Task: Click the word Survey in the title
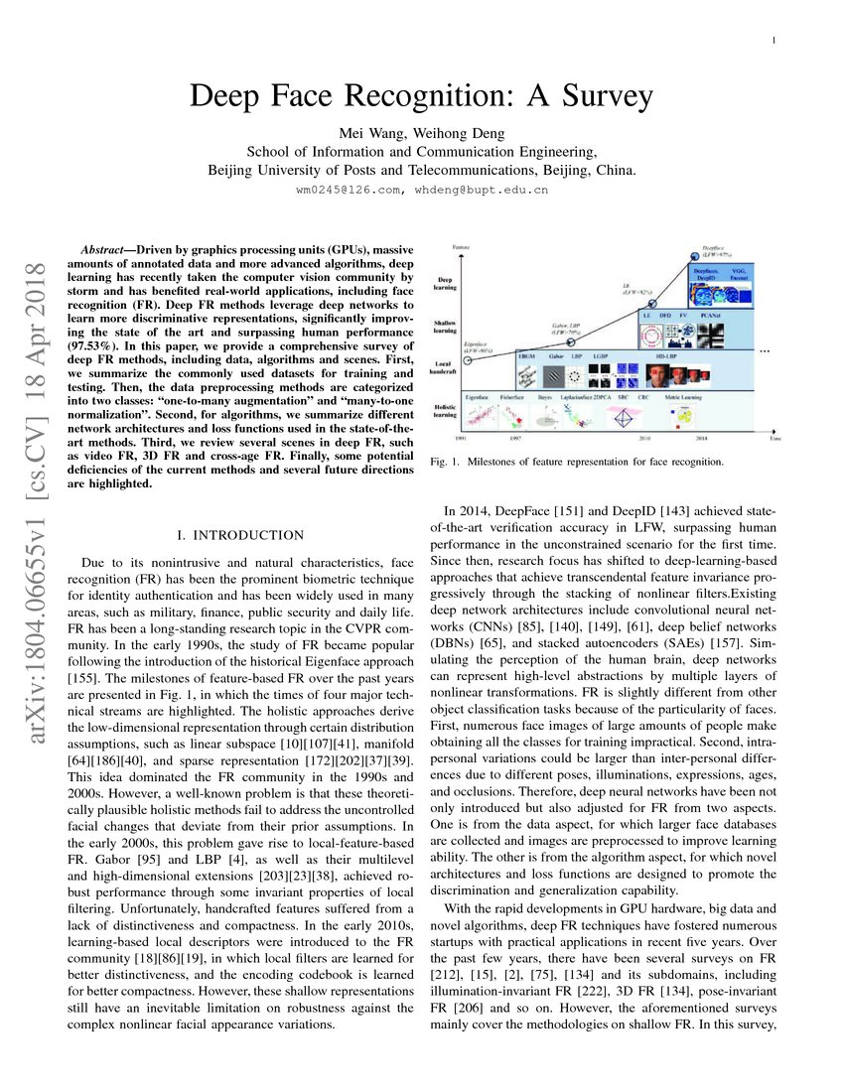[x=600, y=97]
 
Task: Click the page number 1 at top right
[x=773, y=40]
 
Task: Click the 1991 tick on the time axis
[x=460, y=437]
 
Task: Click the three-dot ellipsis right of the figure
[x=766, y=351]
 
